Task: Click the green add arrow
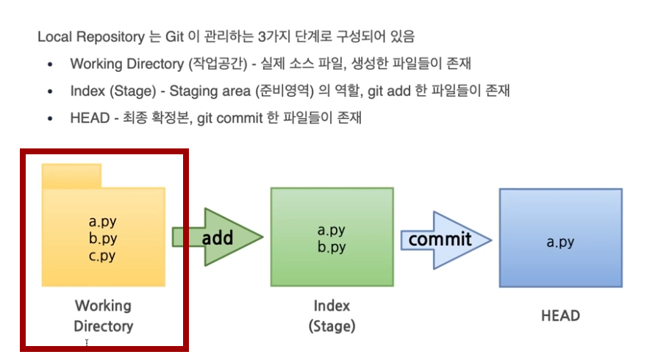tap(218, 237)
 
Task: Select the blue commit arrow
tap(446, 240)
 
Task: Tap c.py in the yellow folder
tap(102, 256)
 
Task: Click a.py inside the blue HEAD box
tap(560, 242)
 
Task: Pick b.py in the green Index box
tap(332, 247)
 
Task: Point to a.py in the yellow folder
tap(102, 221)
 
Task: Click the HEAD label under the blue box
tap(560, 316)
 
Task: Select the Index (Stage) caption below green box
tap(332, 316)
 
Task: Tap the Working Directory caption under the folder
tap(103, 316)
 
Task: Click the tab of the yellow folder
tap(71, 176)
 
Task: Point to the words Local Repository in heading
tap(91, 37)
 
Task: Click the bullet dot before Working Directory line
tap(50, 65)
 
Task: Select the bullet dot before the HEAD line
tap(50, 119)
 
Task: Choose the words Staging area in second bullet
tap(210, 91)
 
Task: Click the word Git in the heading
tap(174, 37)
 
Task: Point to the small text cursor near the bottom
tap(87, 342)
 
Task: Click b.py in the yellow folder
tap(102, 238)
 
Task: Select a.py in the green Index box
tap(332, 230)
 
